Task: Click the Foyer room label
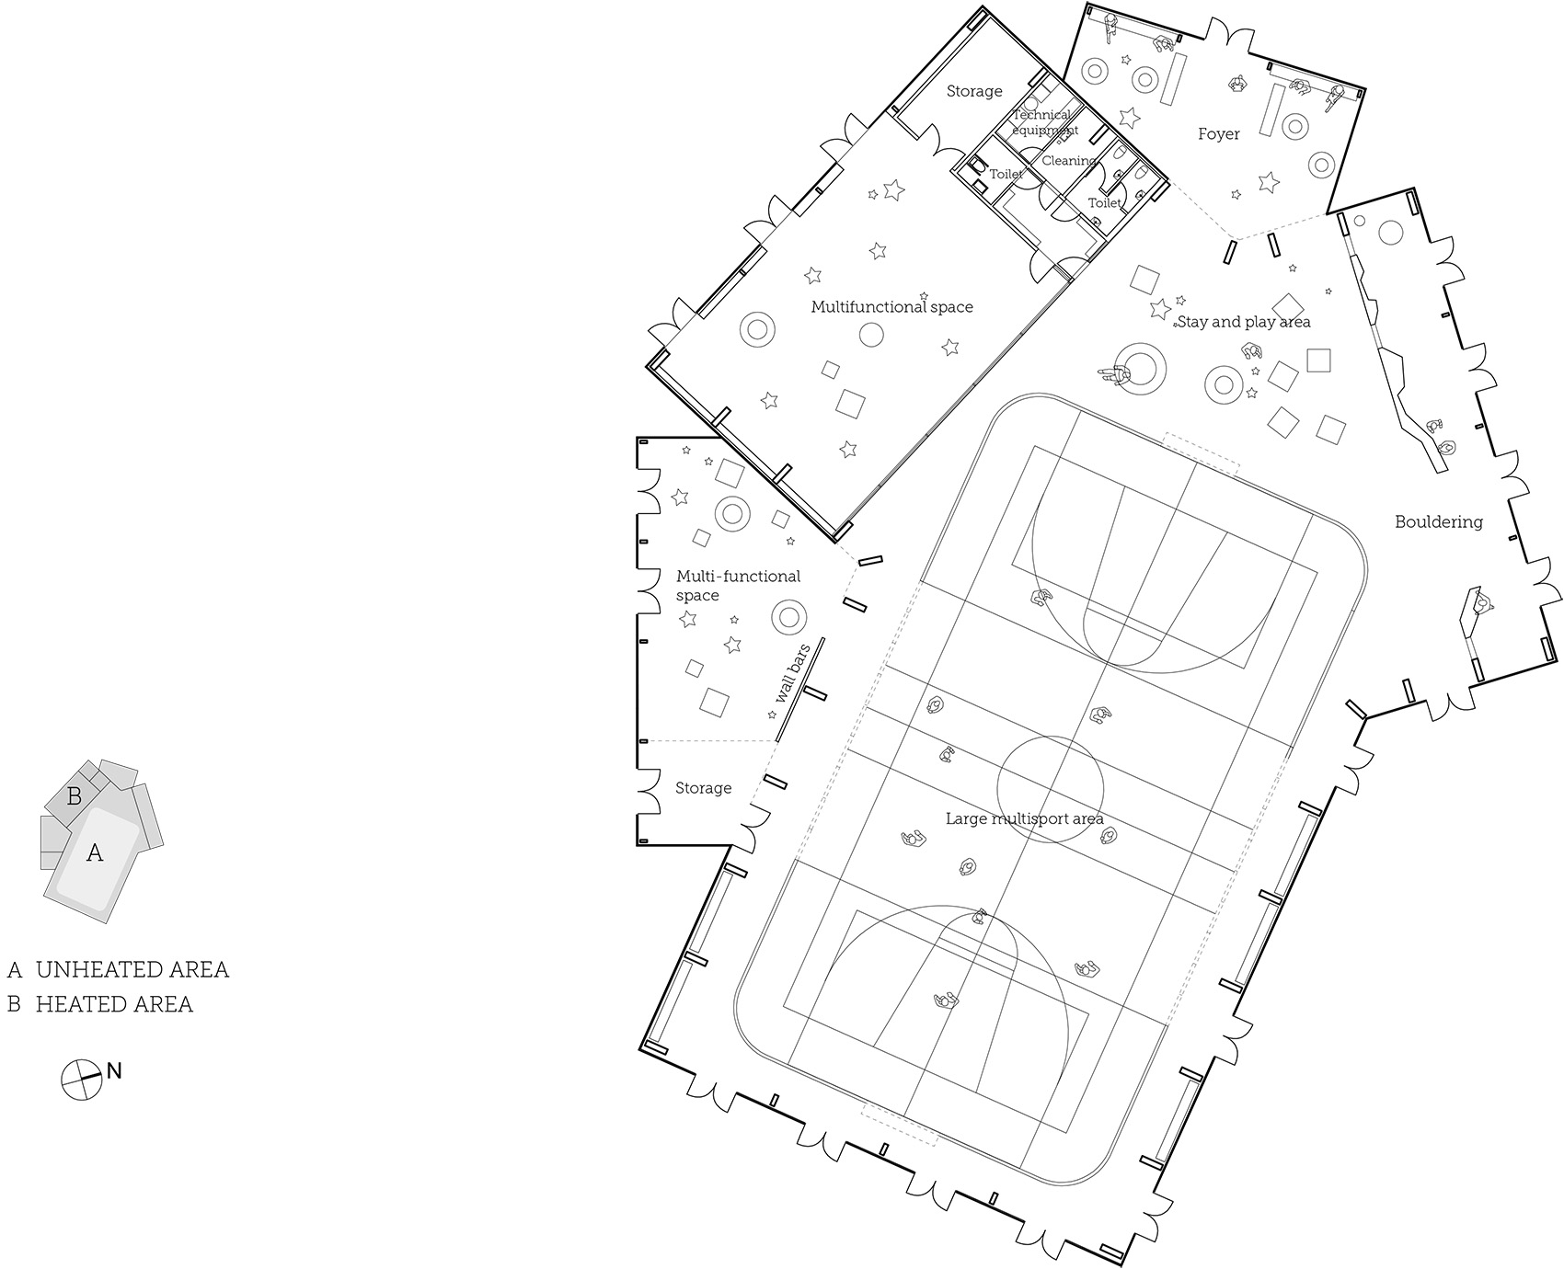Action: pos(1218,134)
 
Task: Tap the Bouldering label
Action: pos(1439,522)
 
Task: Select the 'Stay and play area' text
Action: pos(1244,322)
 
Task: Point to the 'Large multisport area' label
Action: pos(1025,818)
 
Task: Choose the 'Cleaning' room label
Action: pos(1069,161)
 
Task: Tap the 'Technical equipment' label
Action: pos(1043,122)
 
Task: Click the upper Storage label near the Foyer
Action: pos(974,91)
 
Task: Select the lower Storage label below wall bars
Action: pos(704,788)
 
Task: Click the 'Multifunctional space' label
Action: pos(891,307)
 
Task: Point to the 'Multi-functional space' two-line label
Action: pos(739,586)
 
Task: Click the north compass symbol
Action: pos(81,1080)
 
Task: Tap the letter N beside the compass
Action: pos(114,1071)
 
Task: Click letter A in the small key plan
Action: pos(95,853)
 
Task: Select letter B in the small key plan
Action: pos(75,796)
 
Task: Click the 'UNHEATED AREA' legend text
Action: pos(132,969)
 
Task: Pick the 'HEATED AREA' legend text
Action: pos(114,1004)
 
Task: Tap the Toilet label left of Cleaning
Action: pos(1006,174)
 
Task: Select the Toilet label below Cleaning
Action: pos(1105,203)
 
